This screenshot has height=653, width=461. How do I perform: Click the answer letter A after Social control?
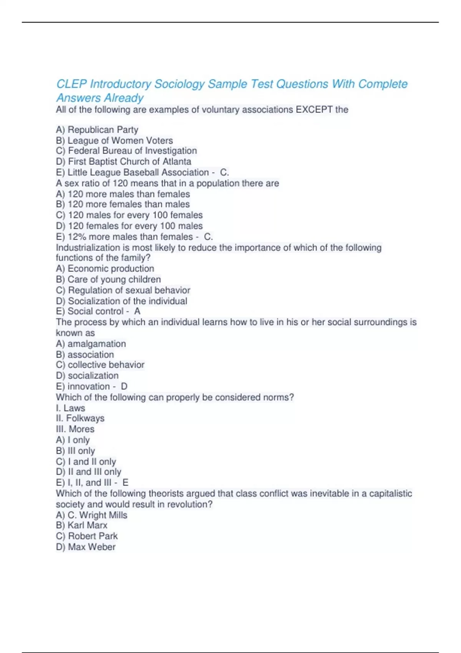[137, 312]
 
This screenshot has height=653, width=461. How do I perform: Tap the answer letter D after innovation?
[124, 386]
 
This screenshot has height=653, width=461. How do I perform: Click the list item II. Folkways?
[80, 418]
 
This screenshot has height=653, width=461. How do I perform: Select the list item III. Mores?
[75, 429]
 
